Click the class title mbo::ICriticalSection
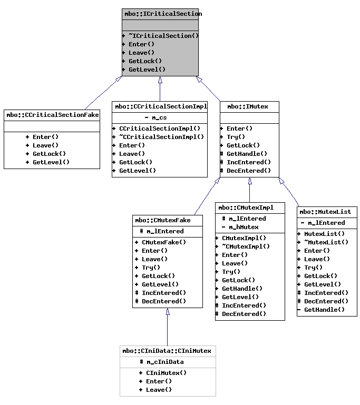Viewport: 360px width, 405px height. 160,14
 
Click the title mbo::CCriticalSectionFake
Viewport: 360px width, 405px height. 52,115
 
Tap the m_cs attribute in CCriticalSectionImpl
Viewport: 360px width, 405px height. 159,117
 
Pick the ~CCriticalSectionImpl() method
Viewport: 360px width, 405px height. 161,137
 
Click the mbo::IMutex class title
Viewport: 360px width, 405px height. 249,106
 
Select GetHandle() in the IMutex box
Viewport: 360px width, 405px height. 247,154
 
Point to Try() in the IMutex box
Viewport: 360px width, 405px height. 236,137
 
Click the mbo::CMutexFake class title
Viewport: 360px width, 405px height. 167,220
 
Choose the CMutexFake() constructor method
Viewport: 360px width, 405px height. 164,242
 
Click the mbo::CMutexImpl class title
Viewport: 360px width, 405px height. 250,208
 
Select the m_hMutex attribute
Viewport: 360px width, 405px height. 243,227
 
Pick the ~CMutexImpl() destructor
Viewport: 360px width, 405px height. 246,246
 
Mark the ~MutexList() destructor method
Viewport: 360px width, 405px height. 326,242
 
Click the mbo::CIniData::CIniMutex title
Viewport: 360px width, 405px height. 167,351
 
